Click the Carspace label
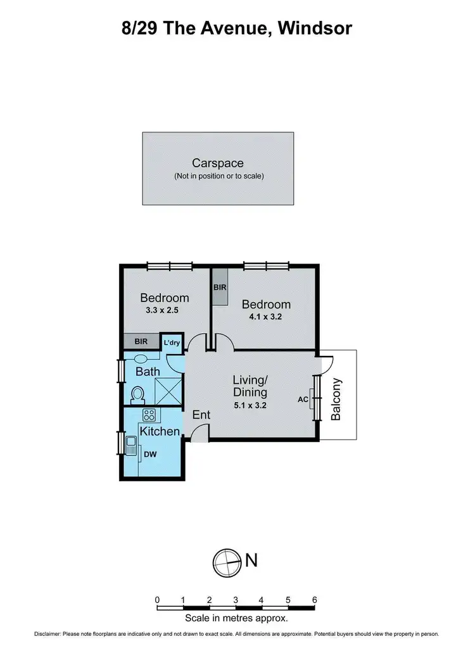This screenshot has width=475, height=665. [218, 163]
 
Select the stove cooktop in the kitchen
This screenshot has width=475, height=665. [149, 415]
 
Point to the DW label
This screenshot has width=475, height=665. [150, 454]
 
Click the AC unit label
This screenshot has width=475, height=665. [303, 400]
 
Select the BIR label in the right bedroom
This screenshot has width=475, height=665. [220, 287]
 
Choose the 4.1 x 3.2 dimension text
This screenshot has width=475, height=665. [267, 318]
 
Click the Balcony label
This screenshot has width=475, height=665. [336, 400]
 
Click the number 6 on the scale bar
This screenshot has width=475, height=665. [314, 599]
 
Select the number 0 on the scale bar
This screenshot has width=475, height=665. [157, 599]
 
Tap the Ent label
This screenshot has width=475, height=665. [201, 415]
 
